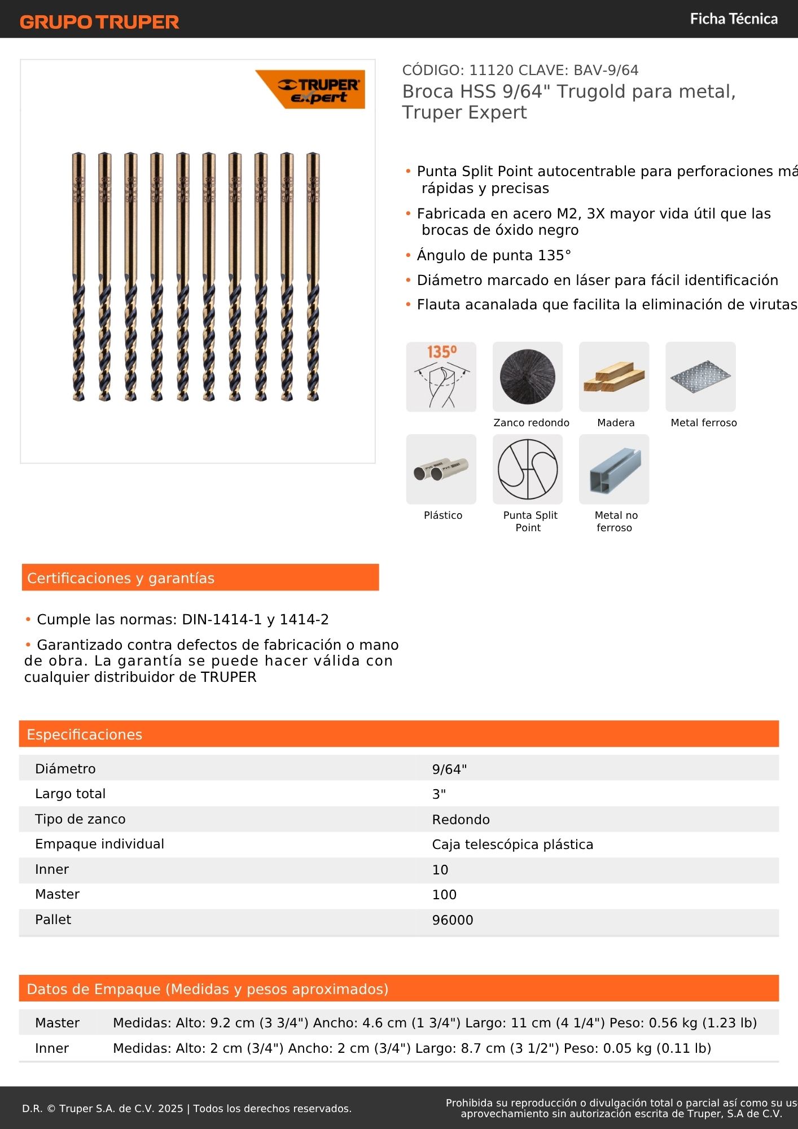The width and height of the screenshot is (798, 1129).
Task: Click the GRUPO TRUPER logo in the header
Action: tap(99, 21)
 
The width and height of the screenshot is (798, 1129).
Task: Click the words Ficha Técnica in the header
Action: tap(734, 19)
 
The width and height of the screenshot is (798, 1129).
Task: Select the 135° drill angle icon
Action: tap(441, 377)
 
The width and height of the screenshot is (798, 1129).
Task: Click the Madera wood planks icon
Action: tap(614, 377)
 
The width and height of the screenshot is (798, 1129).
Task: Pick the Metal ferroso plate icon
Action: tap(700, 377)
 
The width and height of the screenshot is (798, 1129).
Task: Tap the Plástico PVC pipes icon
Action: tap(441, 469)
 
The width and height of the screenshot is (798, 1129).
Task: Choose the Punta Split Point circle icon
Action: tap(528, 469)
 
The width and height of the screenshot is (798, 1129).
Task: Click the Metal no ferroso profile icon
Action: tap(614, 469)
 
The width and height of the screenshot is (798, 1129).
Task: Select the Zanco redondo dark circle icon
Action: tap(528, 377)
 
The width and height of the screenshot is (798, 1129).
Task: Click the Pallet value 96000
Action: tap(453, 920)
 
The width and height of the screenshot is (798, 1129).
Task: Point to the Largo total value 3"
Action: tap(439, 794)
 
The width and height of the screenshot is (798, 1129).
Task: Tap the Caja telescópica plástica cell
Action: tap(512, 844)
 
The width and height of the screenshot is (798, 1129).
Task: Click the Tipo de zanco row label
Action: tap(80, 819)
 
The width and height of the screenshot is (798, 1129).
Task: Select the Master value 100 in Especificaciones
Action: tap(444, 895)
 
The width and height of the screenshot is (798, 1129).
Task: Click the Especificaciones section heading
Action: tap(85, 734)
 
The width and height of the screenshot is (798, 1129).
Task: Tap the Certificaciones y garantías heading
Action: tap(121, 578)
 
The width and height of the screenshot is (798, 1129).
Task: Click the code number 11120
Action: tap(491, 71)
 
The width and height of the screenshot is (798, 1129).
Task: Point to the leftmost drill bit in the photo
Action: tap(78, 277)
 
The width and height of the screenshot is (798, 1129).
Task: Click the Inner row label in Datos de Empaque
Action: tap(52, 1048)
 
